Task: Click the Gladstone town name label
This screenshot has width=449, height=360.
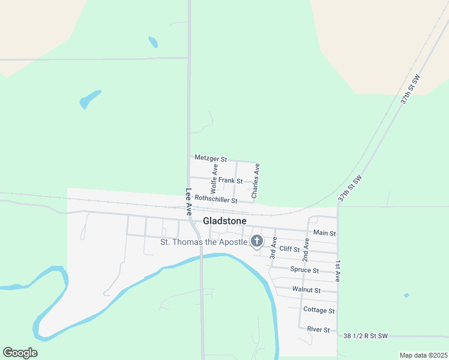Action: (224, 221)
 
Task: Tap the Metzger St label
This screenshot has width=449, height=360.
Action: (211, 159)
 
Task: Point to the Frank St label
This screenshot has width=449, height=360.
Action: (231, 180)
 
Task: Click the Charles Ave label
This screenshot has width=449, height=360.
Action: (256, 181)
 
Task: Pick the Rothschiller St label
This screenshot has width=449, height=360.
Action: (216, 199)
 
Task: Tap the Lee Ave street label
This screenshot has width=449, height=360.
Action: (188, 202)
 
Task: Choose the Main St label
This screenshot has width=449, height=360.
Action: (324, 233)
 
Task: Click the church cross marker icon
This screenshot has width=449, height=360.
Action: (256, 241)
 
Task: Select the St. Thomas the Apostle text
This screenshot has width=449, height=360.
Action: (204, 242)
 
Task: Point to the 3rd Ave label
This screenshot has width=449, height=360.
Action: (273, 248)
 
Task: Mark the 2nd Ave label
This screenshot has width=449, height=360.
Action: (306, 248)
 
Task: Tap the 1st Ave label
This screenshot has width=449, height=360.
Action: (338, 271)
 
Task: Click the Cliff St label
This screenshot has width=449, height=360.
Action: (289, 248)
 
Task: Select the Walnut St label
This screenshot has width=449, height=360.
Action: (306, 290)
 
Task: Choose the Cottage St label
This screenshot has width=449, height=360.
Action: (319, 310)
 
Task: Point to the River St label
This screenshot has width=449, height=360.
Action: (318, 329)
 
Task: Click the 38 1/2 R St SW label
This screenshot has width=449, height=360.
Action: (366, 335)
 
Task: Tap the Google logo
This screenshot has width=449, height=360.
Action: (20, 353)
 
